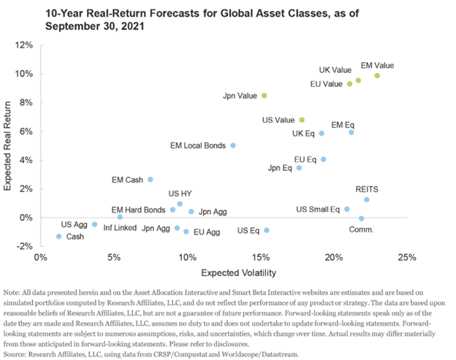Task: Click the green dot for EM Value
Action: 377,75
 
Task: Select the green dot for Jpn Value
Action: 265,96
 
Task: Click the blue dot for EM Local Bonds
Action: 233,145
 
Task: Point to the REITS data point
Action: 367,199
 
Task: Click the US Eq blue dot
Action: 267,230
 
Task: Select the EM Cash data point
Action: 151,180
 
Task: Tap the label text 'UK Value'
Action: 335,70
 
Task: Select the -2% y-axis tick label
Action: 24,246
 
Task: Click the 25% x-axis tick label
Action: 407,257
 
